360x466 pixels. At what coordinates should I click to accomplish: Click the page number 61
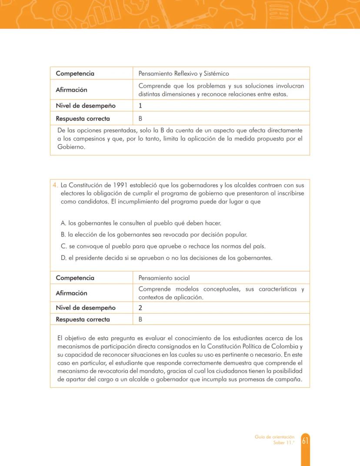point(305,441)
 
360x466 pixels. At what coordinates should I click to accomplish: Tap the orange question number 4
point(55,185)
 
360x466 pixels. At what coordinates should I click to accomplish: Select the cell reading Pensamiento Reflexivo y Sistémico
point(183,74)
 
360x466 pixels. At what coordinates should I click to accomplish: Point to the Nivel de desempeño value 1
point(140,106)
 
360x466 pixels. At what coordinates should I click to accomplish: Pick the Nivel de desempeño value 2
point(140,308)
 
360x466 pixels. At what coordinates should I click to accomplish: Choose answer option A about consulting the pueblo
point(141,223)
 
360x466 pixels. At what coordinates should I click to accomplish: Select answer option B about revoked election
point(154,235)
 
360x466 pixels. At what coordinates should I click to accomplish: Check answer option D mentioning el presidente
point(167,258)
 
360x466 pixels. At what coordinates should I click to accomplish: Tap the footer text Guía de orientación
point(274,437)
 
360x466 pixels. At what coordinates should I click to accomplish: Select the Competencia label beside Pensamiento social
point(75,278)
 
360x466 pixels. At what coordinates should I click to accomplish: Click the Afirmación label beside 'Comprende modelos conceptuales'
point(71,293)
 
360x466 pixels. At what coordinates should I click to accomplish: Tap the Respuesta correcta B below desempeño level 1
point(140,118)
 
